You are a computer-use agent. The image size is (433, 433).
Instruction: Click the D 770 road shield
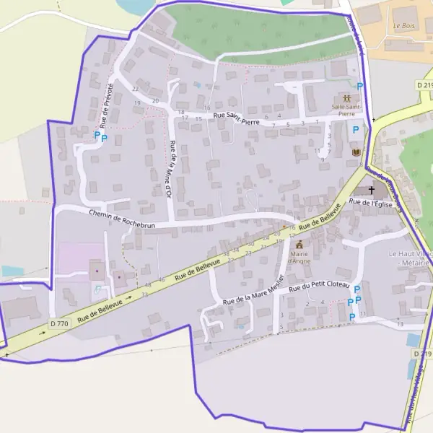[60, 324]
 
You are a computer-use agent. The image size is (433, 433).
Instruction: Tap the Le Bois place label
[405, 25]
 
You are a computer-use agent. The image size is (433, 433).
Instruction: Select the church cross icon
[372, 191]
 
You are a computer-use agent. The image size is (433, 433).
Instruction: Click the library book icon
[355, 152]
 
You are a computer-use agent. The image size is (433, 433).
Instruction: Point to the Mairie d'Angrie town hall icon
[299, 245]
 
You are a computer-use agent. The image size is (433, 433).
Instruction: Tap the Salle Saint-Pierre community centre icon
[347, 97]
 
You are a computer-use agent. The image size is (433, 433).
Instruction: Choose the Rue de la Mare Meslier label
[252, 293]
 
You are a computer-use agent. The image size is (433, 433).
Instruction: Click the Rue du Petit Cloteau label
[319, 287]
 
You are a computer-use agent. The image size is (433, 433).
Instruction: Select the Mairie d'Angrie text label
[300, 258]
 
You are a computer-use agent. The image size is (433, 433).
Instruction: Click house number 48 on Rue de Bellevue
[148, 285]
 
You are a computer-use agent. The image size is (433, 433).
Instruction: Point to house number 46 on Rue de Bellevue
[161, 279]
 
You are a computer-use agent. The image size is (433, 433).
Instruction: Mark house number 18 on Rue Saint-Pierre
[180, 112]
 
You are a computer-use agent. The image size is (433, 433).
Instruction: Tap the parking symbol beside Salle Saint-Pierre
[359, 87]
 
